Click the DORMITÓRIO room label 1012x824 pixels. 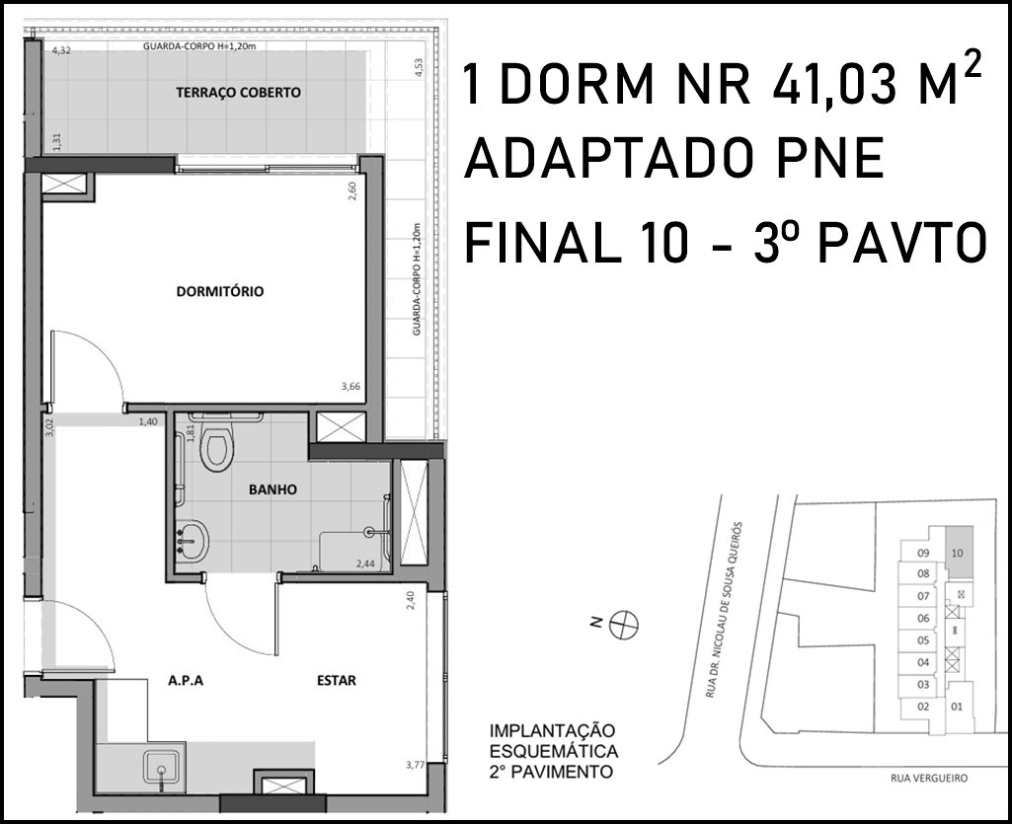pyautogui.click(x=220, y=292)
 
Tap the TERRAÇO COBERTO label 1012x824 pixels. pyautogui.click(x=238, y=93)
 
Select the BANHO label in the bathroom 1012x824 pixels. pyautogui.click(x=273, y=489)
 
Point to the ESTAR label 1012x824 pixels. pyautogui.click(x=337, y=680)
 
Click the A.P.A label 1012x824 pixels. pyautogui.click(x=186, y=680)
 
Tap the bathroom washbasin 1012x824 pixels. pyautogui.click(x=193, y=541)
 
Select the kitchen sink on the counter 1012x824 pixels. pyautogui.click(x=162, y=769)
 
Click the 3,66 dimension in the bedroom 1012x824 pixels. pyautogui.click(x=351, y=387)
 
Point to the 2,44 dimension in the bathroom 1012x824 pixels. pyautogui.click(x=365, y=563)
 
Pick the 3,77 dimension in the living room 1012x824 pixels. pyautogui.click(x=415, y=765)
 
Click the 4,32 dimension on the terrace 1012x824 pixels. pyautogui.click(x=61, y=50)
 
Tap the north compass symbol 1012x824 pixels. pyautogui.click(x=624, y=625)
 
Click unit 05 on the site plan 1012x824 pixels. pyautogui.click(x=923, y=640)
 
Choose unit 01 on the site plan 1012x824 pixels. pyautogui.click(x=957, y=707)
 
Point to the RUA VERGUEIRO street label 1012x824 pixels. pyautogui.click(x=929, y=779)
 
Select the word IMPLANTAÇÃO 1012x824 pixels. pyautogui.click(x=553, y=731)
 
